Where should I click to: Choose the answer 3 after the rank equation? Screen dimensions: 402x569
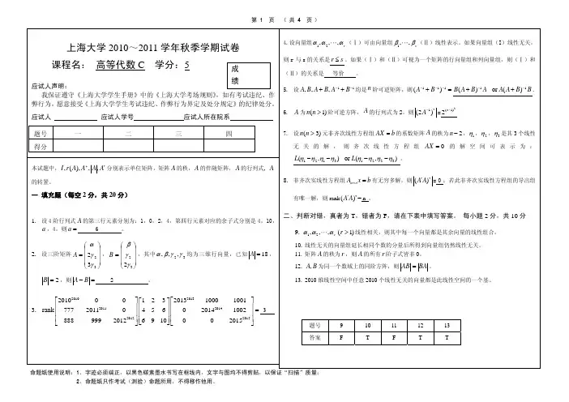point(262,310)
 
